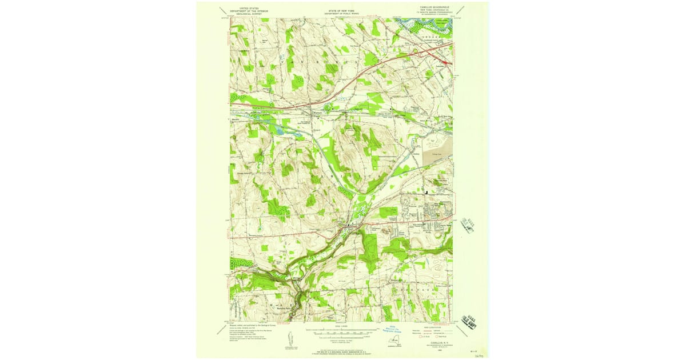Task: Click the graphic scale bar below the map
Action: pyautogui.click(x=342, y=331)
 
